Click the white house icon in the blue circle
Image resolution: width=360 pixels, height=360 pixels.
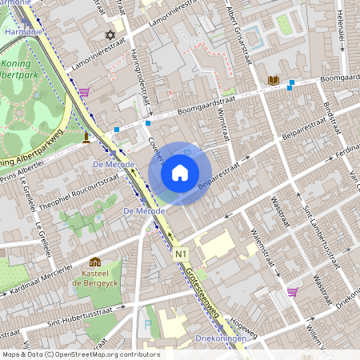(180, 172)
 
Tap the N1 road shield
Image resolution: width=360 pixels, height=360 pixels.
(182, 254)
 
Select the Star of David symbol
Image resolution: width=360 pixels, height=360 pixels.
(110, 35)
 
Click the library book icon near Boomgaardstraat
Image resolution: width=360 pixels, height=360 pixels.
(274, 80)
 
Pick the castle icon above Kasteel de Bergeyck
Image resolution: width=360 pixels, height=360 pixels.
(95, 262)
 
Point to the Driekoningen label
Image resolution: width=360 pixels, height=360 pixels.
(222, 339)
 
